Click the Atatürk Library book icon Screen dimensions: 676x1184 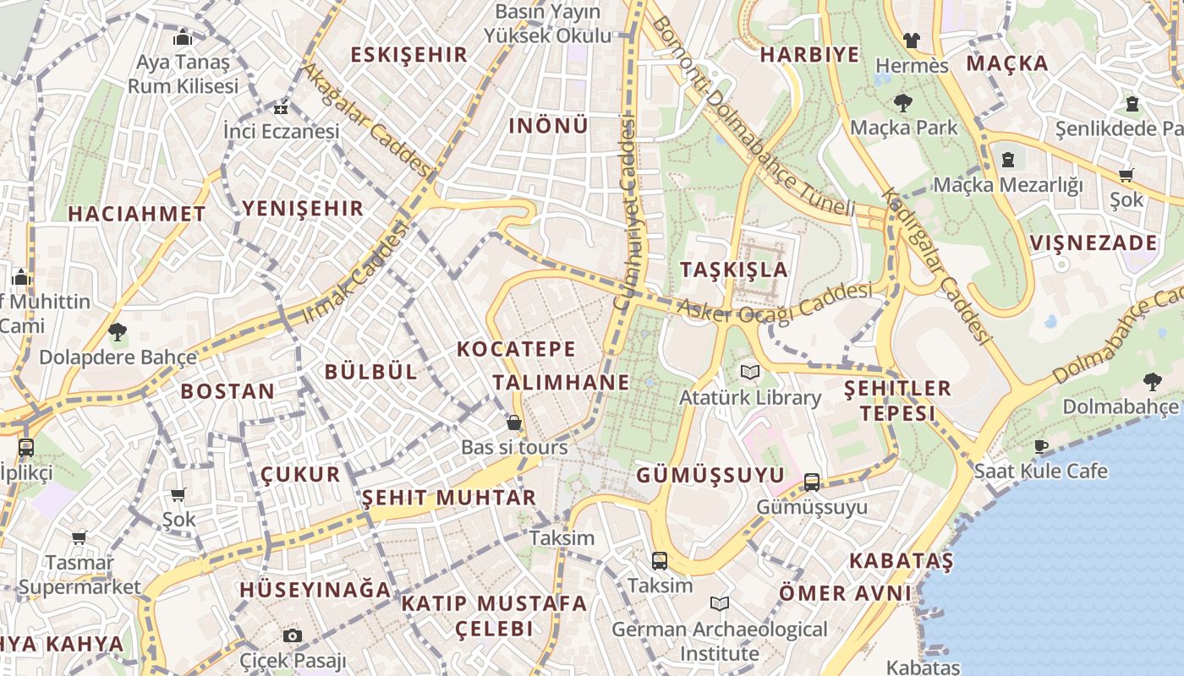point(749,372)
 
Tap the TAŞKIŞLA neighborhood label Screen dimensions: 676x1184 point(734,270)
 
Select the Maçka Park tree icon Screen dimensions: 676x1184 point(903,104)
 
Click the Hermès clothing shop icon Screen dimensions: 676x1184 point(911,40)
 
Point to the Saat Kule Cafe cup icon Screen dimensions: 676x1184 point(1040,446)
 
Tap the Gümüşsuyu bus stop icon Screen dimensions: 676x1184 point(812,482)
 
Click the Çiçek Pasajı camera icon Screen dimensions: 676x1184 point(293,635)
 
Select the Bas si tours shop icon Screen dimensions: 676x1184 point(514,422)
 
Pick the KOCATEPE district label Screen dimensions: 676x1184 point(516,349)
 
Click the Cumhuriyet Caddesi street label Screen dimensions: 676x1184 point(628,211)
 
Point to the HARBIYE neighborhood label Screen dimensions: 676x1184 point(809,55)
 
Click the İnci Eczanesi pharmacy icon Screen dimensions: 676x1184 point(281,107)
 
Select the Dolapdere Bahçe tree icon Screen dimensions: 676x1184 point(118,332)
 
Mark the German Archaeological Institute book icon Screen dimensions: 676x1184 point(720,604)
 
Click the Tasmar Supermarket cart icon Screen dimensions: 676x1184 point(79,537)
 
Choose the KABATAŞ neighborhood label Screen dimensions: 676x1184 point(901,561)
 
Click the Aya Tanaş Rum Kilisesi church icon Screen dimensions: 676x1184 point(183,38)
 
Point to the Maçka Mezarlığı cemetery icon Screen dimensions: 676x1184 point(1008,160)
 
